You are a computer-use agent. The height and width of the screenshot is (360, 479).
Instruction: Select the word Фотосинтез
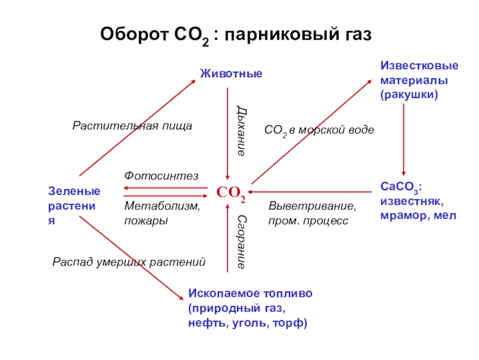click(161, 175)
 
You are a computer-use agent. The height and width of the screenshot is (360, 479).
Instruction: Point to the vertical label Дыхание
click(240, 129)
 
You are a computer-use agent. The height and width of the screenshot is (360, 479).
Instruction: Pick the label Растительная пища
click(132, 126)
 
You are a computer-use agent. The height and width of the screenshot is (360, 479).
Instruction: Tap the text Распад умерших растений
click(129, 262)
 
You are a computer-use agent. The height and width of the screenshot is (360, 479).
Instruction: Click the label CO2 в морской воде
click(319, 130)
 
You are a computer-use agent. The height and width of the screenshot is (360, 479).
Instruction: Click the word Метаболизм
click(162, 206)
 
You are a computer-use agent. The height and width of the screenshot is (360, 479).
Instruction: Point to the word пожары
click(146, 220)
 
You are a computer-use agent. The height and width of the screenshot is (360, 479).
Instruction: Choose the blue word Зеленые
click(74, 191)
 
